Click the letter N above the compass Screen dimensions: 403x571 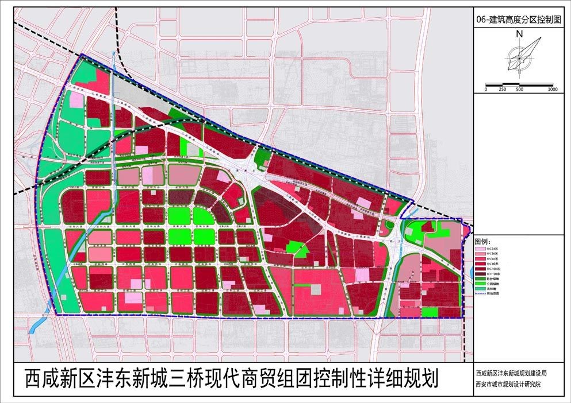coord(519,34)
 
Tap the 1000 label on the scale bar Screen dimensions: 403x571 coord(553,89)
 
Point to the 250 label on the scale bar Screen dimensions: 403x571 coord(503,89)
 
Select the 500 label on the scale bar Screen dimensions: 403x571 coord(519,89)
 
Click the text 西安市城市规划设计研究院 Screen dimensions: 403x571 coord(508,383)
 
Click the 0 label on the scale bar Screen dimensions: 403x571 coord(486,89)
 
